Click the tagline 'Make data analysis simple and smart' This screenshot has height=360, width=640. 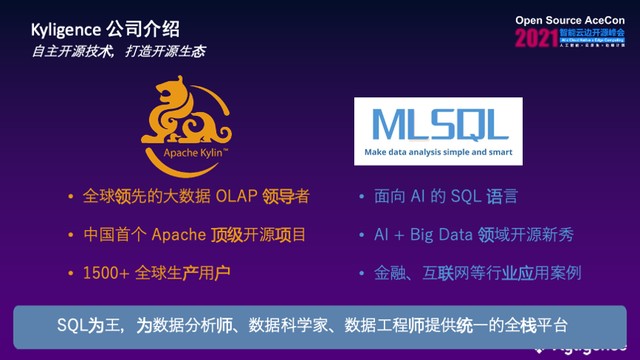point(438,152)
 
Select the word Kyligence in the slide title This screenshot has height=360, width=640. point(65,30)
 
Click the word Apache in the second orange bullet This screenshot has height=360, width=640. point(178,235)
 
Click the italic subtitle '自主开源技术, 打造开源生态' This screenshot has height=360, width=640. point(118,51)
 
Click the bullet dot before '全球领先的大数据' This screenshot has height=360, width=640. point(71,197)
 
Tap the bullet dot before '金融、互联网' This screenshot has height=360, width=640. point(362,273)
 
